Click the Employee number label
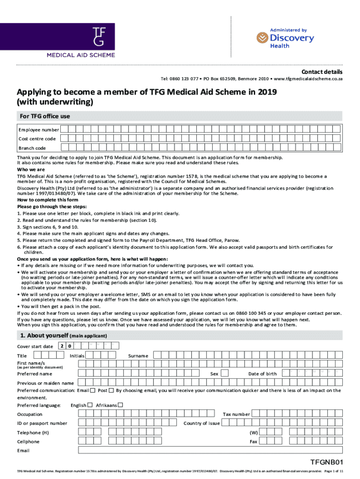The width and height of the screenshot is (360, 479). click(39, 130)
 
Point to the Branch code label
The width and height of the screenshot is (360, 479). click(32, 148)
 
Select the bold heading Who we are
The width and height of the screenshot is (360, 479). click(31, 169)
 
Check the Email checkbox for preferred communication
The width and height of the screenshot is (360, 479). click(93, 390)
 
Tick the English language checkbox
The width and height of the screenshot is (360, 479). click(90, 405)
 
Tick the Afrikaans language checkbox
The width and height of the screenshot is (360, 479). click(120, 405)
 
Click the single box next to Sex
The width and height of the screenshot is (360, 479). click(224, 373)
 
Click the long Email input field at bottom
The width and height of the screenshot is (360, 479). click(210, 450)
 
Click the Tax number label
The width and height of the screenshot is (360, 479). click(236, 414)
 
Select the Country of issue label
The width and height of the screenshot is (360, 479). click(202, 423)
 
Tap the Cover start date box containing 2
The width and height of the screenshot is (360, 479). click(61, 346)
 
